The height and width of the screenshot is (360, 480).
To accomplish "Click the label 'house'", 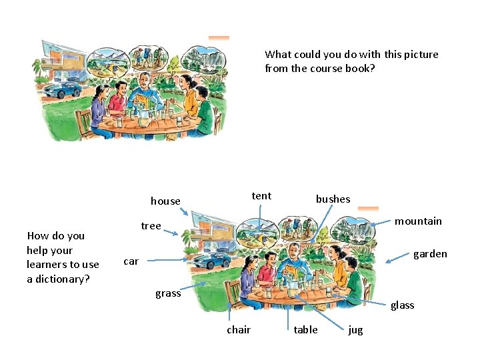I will point(165,201).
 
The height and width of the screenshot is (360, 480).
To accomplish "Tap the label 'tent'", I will point(261,195).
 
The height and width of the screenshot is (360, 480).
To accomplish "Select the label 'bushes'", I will point(333,199).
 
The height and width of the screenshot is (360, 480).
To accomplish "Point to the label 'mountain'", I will point(418,221).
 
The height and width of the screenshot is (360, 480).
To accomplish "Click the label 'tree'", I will point(151,225).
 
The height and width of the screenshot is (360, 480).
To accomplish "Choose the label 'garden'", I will point(430,253).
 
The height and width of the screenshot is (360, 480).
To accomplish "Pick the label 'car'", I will point(131,261).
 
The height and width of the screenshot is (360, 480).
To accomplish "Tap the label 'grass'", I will point(168,293).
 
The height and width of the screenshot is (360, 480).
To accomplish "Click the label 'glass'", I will point(402,305).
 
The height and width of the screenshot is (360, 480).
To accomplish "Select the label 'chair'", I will point(239,329).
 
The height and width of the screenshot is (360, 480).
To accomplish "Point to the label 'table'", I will point(306,329).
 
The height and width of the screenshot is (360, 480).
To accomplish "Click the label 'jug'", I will point(355,330).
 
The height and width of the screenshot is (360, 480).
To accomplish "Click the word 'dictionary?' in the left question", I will point(58,279).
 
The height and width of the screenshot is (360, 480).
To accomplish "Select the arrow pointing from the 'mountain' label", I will point(376,223).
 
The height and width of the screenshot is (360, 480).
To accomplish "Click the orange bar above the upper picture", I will point(219,38).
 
